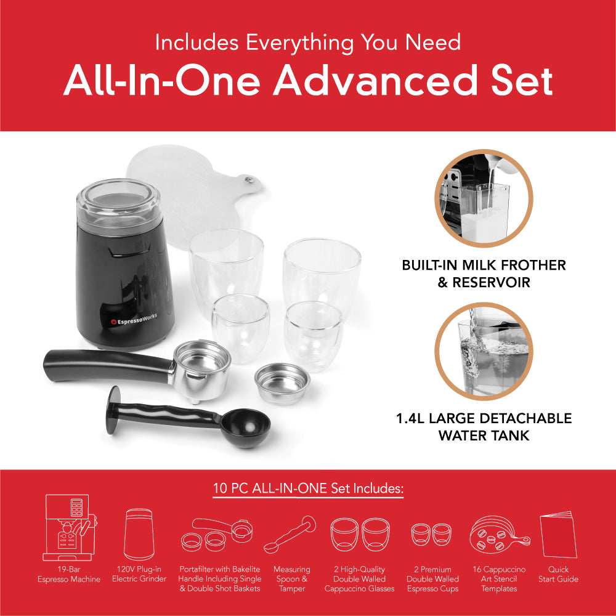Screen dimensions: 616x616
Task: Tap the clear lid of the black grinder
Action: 118,200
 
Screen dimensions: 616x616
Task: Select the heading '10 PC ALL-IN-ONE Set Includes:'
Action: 308,489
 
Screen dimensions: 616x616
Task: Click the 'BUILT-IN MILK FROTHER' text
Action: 484,265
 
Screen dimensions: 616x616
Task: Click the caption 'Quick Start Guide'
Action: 558,574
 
